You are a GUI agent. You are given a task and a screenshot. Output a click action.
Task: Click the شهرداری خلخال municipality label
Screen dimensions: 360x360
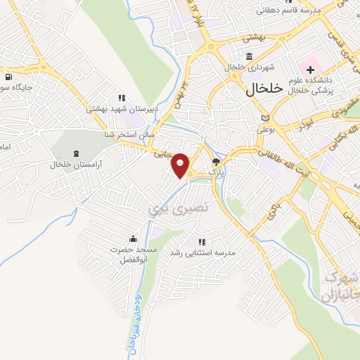[253, 67]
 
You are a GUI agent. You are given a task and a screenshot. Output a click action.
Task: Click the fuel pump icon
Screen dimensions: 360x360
[8, 77]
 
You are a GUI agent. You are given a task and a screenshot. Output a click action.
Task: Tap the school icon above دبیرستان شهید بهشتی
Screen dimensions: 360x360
[122, 98]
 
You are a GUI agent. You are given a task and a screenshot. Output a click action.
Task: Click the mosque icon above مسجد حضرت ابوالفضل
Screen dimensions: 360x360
[132, 239]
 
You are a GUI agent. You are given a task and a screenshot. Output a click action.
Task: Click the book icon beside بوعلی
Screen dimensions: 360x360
[264, 118]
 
